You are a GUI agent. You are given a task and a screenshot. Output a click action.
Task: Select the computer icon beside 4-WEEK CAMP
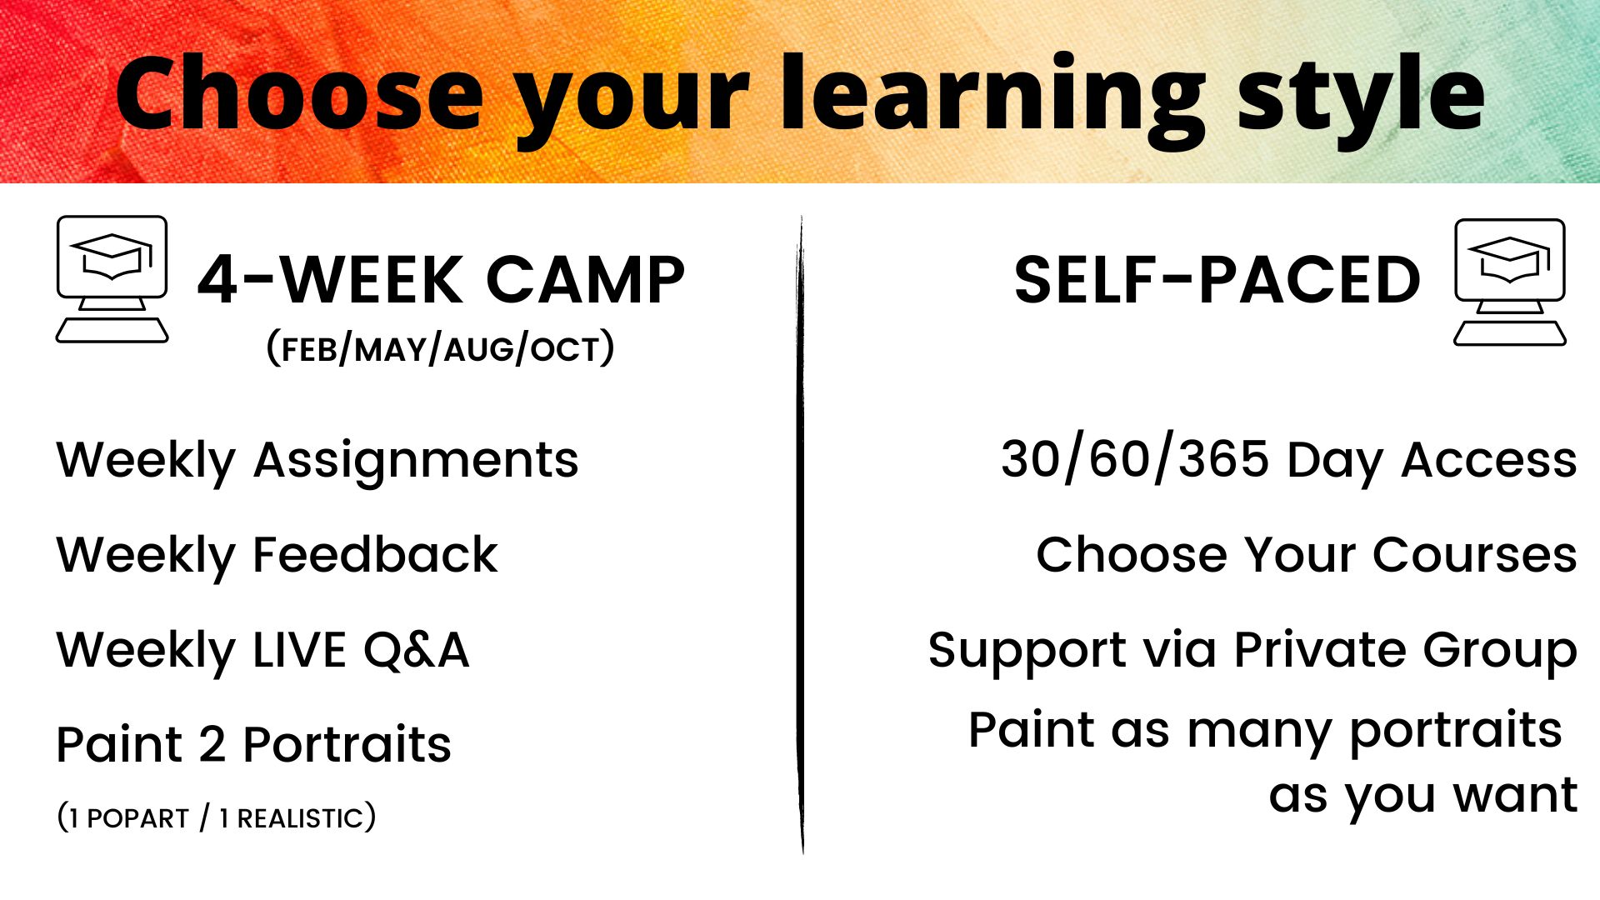[x=112, y=279]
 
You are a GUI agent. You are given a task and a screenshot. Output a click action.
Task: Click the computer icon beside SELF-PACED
[x=1510, y=282]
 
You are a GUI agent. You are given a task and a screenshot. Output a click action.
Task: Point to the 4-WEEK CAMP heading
[x=441, y=280]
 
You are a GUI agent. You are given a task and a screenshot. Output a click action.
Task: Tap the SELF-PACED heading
[x=1217, y=280]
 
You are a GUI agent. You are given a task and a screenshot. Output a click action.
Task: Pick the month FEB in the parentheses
[x=309, y=350]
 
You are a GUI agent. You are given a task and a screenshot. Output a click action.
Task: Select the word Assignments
[x=416, y=461]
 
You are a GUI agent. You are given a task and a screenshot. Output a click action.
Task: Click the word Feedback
[x=375, y=555]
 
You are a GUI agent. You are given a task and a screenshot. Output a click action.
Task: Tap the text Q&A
[x=416, y=650]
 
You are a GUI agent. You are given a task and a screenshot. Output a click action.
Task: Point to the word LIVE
[x=299, y=650]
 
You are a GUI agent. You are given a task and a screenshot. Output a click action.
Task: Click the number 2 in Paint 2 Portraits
[x=212, y=744]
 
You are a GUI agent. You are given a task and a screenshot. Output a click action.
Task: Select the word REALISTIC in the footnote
[x=301, y=818]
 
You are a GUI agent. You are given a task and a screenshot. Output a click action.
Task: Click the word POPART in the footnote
[x=138, y=818]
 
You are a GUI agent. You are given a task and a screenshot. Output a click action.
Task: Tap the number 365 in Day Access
[x=1224, y=459]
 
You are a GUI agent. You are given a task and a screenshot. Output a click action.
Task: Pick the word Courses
[x=1475, y=555]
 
